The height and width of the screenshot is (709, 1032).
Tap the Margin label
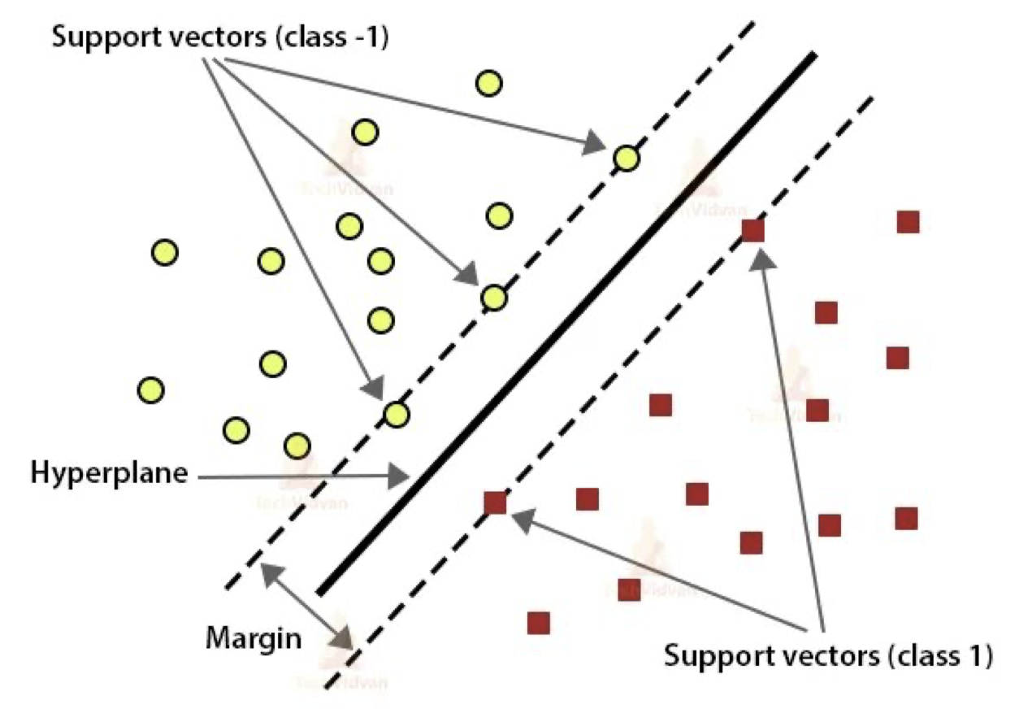pos(252,637)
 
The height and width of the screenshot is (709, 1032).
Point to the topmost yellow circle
pos(488,83)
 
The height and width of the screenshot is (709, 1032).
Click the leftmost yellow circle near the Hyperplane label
pos(150,390)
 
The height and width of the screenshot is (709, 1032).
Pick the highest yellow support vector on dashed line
pos(626,158)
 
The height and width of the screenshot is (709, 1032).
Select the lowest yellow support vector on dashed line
pos(396,415)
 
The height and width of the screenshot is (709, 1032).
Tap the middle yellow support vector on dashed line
pos(493,298)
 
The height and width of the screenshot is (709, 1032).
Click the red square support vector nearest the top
pos(753,230)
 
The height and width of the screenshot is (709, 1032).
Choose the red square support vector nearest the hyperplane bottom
pos(495,502)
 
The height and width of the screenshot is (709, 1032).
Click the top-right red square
pos(908,221)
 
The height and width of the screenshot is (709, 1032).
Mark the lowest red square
pos(538,623)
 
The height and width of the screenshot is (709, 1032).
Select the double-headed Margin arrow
pos(306,605)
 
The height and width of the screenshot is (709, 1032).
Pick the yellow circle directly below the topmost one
pos(499,215)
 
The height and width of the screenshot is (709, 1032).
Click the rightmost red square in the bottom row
pos(906,518)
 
